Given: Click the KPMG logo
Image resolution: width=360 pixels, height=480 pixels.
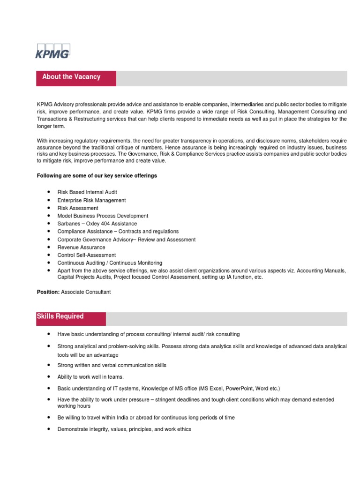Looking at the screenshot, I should click(x=52, y=51).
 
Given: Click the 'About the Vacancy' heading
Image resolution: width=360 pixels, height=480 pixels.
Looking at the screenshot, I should click(x=71, y=77).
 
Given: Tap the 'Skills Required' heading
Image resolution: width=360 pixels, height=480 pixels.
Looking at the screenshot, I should click(x=60, y=316).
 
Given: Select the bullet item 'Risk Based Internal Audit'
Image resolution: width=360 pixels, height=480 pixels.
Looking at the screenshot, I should click(x=87, y=192).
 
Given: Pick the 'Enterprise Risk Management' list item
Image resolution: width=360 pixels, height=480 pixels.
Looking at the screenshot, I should click(x=91, y=200).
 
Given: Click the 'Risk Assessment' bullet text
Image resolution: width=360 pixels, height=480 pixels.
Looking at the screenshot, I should click(x=78, y=208).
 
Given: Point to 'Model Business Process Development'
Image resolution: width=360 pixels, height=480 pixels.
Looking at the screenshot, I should click(x=103, y=216).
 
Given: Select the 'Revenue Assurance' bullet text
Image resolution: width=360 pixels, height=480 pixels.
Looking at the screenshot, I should click(x=81, y=247).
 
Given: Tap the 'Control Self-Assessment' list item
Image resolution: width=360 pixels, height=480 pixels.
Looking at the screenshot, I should click(x=87, y=255).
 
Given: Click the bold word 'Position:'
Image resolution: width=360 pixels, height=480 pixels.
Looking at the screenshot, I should click(x=48, y=292).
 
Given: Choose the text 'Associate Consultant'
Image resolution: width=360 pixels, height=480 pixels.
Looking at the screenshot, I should click(x=86, y=292).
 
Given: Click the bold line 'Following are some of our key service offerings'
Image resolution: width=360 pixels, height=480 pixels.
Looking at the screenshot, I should click(x=97, y=176).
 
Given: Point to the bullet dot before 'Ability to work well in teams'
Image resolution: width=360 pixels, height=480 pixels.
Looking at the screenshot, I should click(x=49, y=376).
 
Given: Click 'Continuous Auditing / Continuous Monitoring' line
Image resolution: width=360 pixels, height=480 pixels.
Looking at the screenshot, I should click(x=110, y=263).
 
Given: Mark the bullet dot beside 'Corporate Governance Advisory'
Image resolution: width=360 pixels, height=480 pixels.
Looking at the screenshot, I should click(x=49, y=240).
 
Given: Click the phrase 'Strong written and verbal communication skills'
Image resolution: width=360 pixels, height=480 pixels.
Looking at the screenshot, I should click(x=112, y=365).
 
